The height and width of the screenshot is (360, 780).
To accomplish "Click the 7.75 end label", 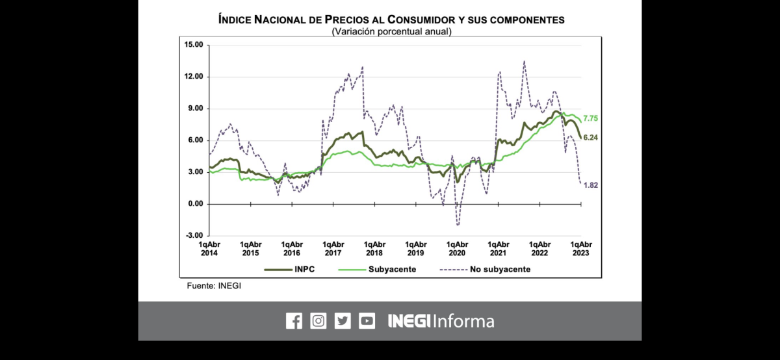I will tap(590, 118).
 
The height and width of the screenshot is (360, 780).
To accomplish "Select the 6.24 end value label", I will tap(590, 138).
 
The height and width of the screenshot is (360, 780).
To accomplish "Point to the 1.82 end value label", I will tap(590, 185).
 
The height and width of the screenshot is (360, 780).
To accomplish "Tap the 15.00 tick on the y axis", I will tap(194, 45).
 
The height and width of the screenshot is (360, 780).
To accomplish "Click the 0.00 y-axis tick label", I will tap(196, 204).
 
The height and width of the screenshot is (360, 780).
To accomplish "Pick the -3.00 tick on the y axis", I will tap(194, 236).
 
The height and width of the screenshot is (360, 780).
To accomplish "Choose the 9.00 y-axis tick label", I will tap(196, 109).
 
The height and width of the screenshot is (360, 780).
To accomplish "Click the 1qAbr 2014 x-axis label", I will tap(209, 248).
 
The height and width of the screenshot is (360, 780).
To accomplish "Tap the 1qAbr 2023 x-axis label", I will tap(581, 248).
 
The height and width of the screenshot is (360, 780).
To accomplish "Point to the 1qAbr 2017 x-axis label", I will tap(333, 248).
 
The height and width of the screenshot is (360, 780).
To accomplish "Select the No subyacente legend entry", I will tap(485, 269).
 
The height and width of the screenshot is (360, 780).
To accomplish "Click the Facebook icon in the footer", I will tap(294, 321).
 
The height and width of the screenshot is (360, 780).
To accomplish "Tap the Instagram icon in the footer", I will tap(318, 321).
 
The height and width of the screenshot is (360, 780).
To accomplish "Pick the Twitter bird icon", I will tap(343, 321).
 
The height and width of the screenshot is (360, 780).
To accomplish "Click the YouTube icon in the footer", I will tap(367, 321).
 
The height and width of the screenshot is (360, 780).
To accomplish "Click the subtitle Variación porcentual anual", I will tap(391, 31).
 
